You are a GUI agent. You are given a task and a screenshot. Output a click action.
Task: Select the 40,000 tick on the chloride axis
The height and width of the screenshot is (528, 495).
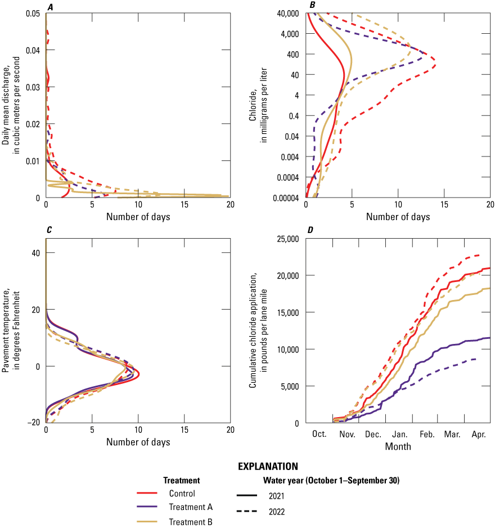coord(287,14)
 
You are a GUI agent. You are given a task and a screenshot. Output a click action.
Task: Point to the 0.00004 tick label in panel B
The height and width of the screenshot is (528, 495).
coord(284,198)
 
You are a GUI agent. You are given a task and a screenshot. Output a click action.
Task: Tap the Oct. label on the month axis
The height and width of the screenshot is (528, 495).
coord(319,435)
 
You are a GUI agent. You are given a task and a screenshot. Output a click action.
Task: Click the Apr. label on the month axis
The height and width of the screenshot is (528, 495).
coord(478,435)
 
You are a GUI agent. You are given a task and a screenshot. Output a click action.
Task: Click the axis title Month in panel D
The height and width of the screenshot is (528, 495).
coord(398,446)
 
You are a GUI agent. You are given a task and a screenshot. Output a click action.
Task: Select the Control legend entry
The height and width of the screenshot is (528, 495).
coord(182,494)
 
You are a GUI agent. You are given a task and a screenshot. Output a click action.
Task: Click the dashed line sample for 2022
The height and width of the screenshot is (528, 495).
coord(247,512)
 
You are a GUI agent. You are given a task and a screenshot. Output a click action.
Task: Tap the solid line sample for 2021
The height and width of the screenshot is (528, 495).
coord(247,496)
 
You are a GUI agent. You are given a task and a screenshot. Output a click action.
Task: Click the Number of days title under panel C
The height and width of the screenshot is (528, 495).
coord(138,442)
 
